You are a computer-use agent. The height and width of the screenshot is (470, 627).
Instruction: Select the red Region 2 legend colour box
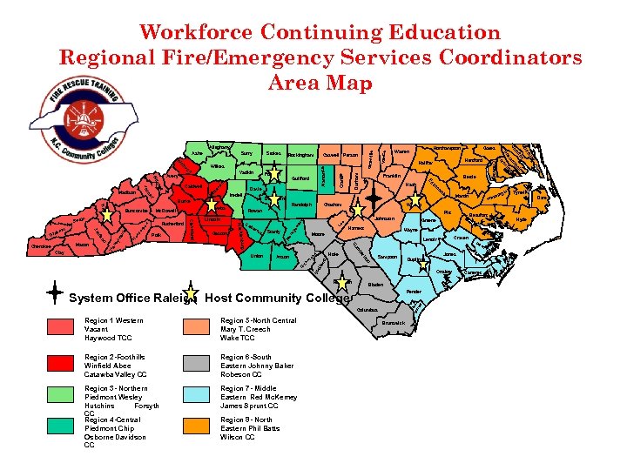coord(66,361)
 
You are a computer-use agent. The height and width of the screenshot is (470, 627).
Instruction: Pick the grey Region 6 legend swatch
coord(201,361)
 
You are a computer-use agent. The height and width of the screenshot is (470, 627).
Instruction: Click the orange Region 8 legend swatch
coord(201,426)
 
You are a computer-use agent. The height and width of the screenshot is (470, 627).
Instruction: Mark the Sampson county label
coord(388,258)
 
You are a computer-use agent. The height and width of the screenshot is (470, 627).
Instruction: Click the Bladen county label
coord(375,285)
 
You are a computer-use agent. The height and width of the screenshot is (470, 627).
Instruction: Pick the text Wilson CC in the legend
coord(238,437)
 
